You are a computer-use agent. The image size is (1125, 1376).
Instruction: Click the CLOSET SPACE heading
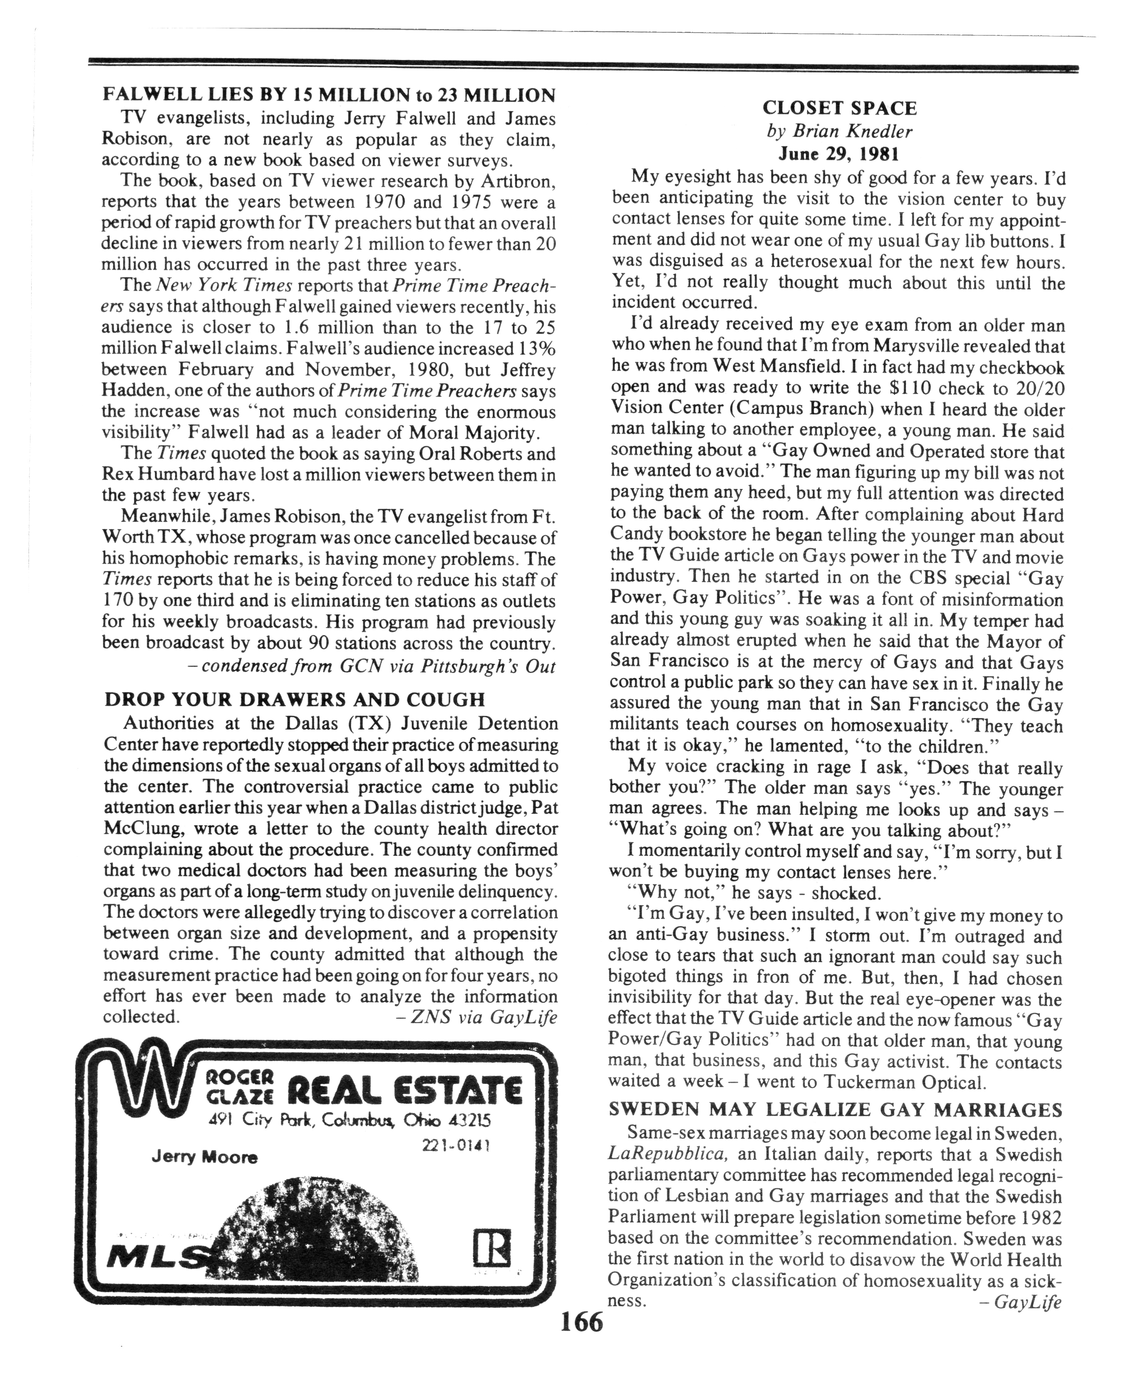(x=839, y=108)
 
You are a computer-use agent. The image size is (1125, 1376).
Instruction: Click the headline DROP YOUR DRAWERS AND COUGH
(x=294, y=699)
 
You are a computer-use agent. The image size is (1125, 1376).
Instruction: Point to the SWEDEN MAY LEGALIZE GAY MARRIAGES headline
(x=835, y=1110)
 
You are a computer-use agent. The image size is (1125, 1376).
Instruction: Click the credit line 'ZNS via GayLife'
(x=476, y=1017)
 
